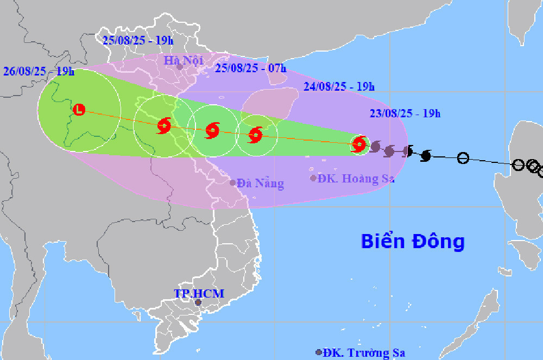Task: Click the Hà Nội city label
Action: tap(184, 60)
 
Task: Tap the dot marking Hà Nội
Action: tap(179, 67)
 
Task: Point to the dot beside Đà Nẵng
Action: tap(233, 182)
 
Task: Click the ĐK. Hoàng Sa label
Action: tap(356, 179)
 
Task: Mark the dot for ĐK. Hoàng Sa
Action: tap(313, 178)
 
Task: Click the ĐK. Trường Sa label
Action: tap(363, 353)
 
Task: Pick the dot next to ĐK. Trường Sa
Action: tap(319, 352)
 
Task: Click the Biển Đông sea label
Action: tap(413, 241)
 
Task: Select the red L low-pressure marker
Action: tap(79, 110)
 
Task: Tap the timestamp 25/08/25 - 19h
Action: tap(138, 39)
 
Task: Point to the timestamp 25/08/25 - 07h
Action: tap(250, 68)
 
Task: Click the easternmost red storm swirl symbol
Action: tap(359, 144)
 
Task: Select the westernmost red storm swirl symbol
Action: tap(163, 127)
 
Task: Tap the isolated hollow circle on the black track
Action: tap(463, 158)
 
